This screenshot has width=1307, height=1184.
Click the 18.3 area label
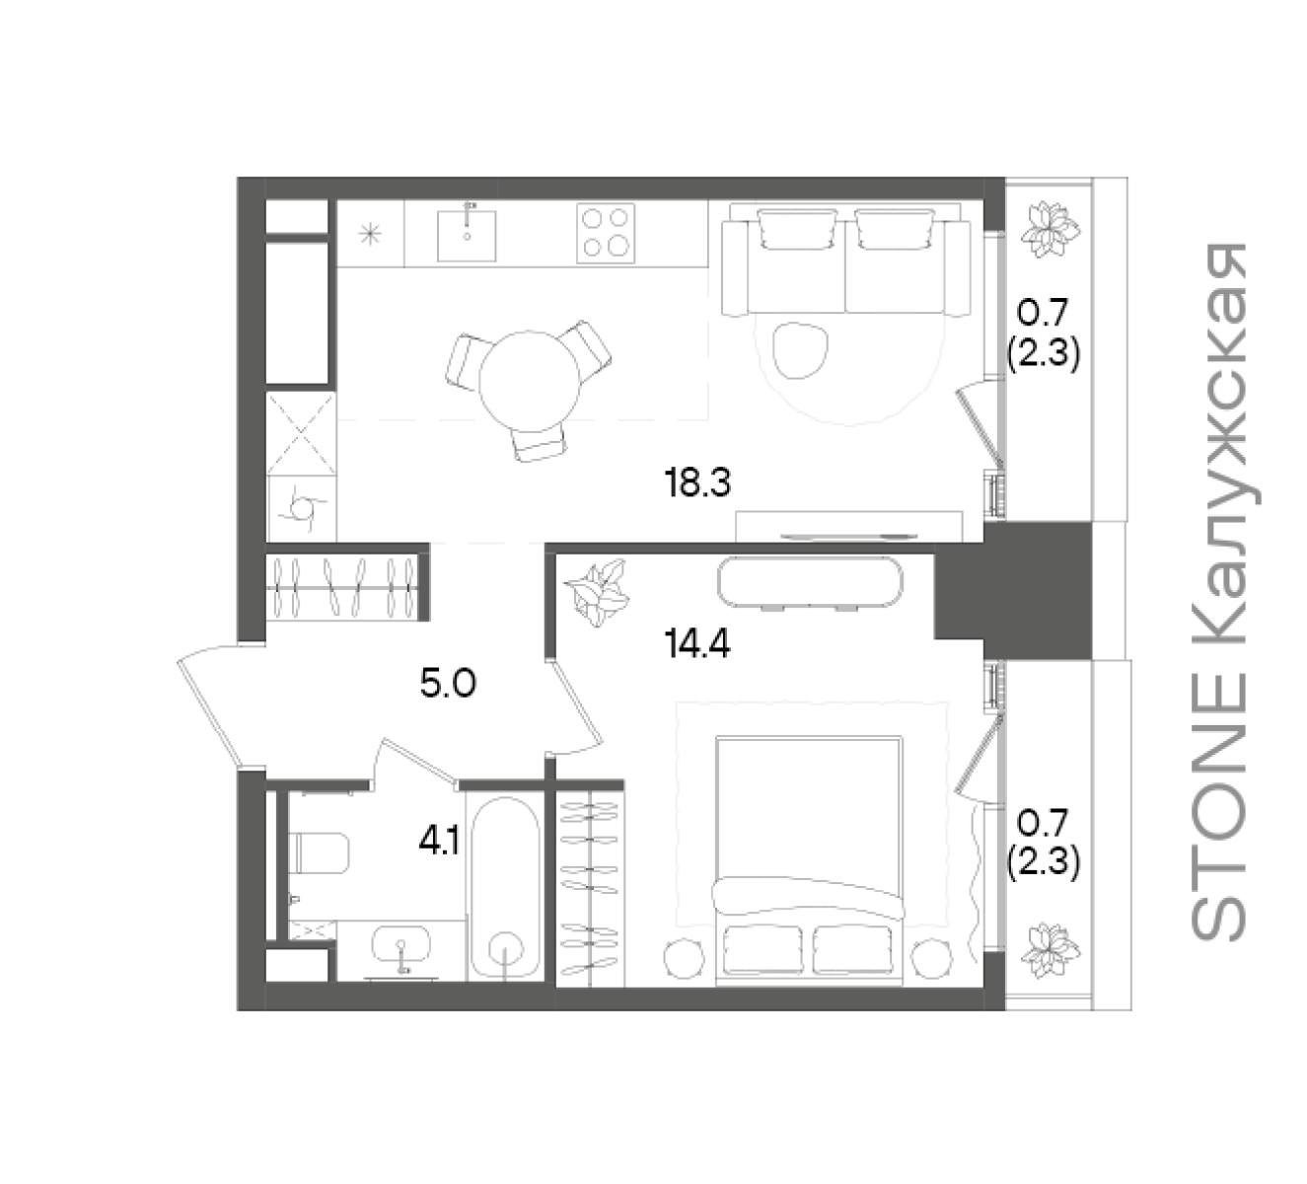click(x=697, y=483)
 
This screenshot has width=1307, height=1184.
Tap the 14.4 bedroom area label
click(x=697, y=644)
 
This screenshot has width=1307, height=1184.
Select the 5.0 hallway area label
click(x=448, y=685)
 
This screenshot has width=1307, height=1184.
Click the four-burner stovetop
click(x=606, y=233)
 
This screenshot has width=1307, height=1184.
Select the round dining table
click(x=529, y=382)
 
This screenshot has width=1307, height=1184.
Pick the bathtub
click(x=506, y=887)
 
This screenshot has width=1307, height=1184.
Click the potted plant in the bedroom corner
click(x=597, y=593)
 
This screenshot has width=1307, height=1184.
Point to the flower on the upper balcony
click(x=1049, y=232)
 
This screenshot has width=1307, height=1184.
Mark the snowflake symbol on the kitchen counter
click(x=370, y=234)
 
